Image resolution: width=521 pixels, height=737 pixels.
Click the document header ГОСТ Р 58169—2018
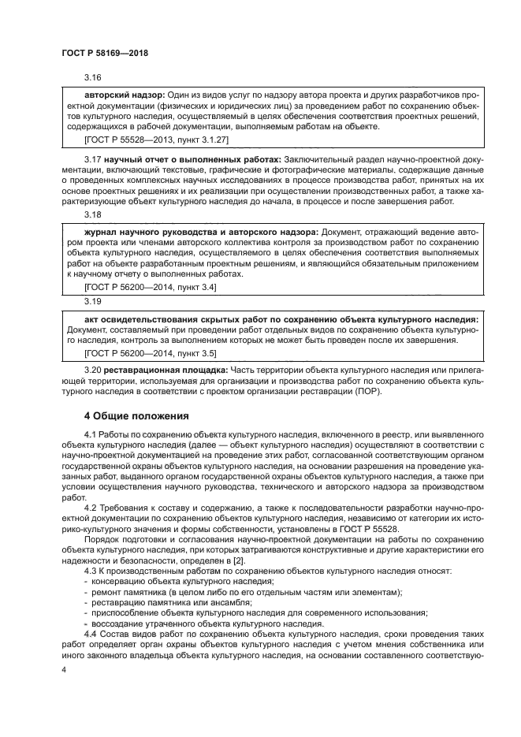pos(105,52)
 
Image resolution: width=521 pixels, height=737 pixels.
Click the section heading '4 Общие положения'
pos(136,415)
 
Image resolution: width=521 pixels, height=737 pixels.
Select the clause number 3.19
pos(93,301)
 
